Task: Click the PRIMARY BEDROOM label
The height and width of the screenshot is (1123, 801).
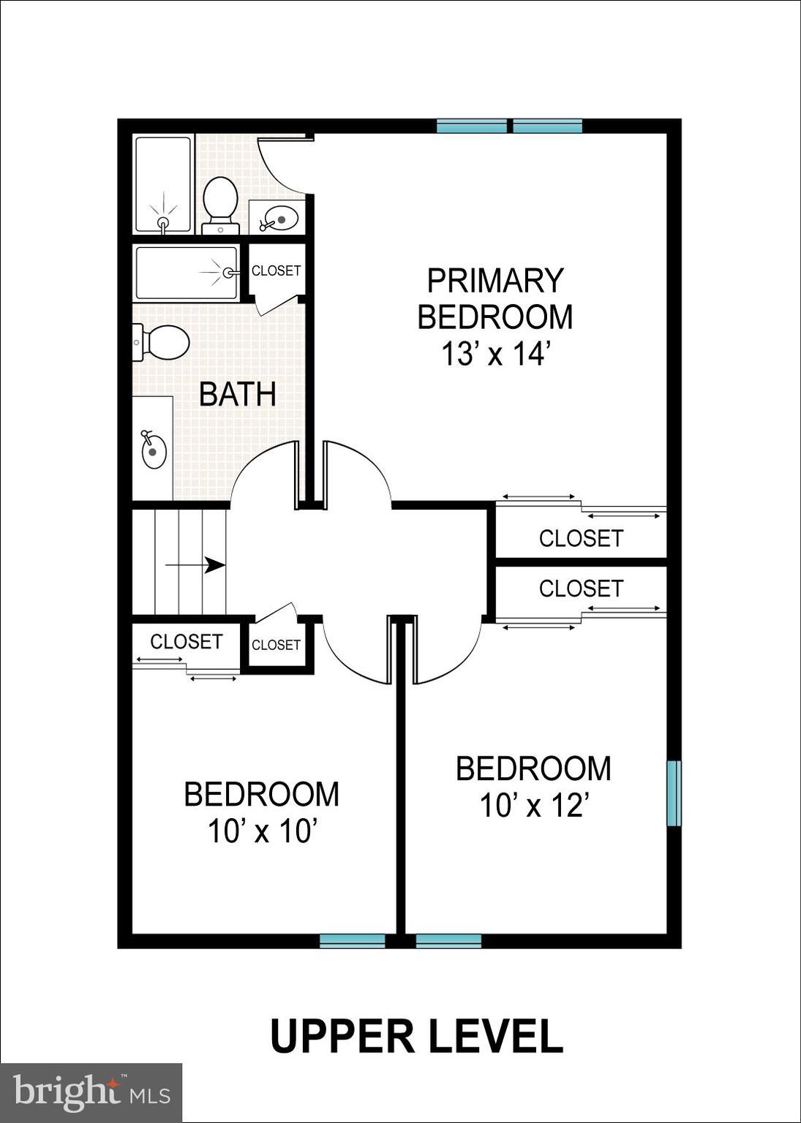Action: click(x=495, y=299)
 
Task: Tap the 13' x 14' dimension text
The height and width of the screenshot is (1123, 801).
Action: click(x=495, y=355)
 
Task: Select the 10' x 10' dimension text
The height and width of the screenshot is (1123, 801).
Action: click(x=262, y=832)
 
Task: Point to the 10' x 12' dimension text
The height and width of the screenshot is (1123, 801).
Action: click(x=534, y=806)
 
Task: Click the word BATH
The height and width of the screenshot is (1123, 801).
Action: click(x=238, y=395)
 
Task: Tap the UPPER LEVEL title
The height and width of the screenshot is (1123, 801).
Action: click(x=417, y=1036)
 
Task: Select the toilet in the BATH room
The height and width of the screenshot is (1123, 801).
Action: click(x=162, y=342)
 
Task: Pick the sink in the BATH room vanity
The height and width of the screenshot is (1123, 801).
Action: click(x=153, y=450)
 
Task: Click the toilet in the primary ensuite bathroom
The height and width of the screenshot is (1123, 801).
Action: click(x=220, y=201)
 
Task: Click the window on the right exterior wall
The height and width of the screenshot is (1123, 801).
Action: click(x=674, y=793)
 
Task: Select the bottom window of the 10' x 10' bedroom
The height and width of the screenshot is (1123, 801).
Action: click(x=353, y=940)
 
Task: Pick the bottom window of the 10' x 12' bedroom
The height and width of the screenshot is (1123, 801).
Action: click(x=448, y=940)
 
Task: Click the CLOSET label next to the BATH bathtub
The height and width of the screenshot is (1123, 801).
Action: click(x=276, y=271)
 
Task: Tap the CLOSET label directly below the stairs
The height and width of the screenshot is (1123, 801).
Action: click(x=186, y=641)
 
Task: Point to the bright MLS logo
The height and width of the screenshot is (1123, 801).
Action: click(x=91, y=1093)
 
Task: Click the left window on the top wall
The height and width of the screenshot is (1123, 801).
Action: click(x=472, y=126)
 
